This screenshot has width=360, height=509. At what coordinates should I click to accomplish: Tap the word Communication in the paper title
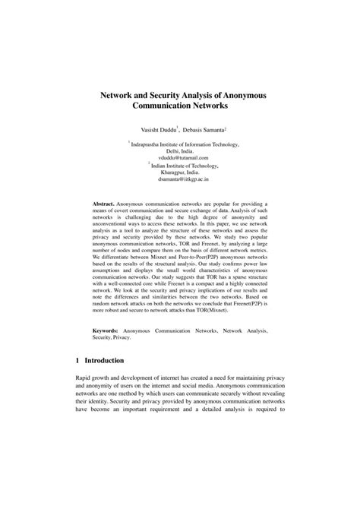(x=155, y=110)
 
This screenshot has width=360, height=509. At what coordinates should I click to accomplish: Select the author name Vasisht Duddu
(x=156, y=131)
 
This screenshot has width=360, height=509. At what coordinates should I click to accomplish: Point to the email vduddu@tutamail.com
(x=179, y=157)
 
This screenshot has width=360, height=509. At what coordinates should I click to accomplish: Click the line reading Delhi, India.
(x=179, y=150)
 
